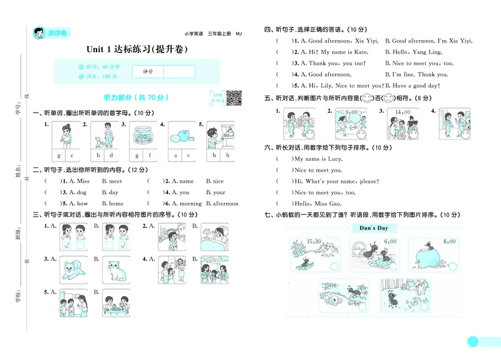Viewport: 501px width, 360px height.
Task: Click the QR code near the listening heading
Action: coord(233,98)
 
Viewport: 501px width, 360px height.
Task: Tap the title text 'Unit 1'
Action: coord(104,49)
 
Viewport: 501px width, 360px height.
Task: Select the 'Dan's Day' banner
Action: coord(374,229)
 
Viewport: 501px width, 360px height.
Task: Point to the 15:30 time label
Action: coord(314,242)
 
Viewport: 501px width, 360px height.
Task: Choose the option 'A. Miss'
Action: coord(79,182)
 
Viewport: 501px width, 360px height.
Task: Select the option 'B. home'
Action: coord(113,203)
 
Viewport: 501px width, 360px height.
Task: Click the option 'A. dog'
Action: coord(78,193)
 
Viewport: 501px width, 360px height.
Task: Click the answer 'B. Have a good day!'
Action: coord(413,86)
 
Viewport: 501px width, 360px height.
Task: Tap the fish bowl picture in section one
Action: coord(142,134)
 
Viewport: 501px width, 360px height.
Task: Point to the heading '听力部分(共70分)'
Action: coord(136,98)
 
